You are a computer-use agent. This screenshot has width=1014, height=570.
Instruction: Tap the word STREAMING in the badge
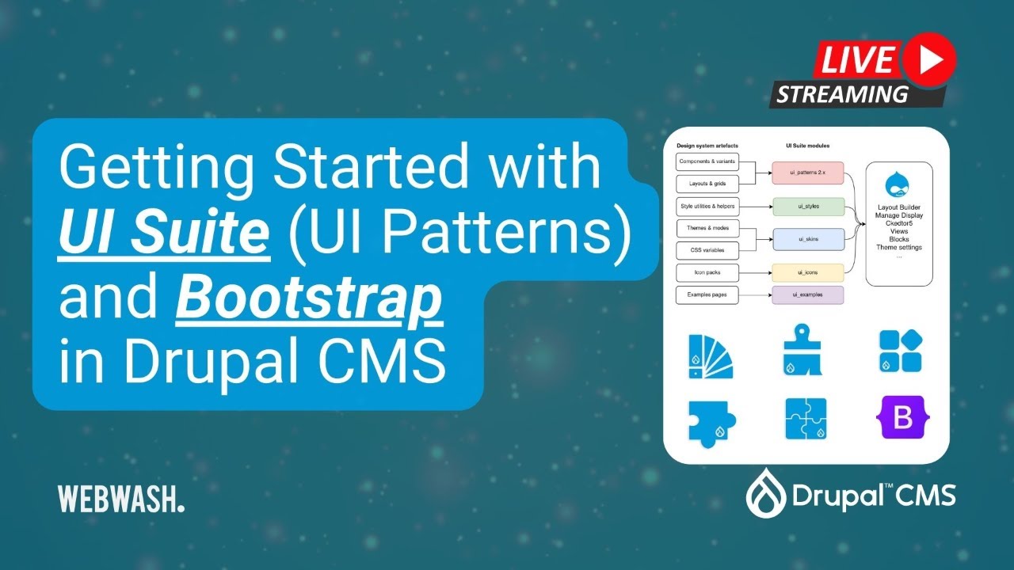tap(841, 95)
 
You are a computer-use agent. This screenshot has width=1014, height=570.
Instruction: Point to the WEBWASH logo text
tap(120, 499)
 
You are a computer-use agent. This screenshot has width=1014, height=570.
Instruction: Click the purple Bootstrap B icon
tap(902, 419)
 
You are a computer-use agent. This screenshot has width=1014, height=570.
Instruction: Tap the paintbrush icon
tap(802, 349)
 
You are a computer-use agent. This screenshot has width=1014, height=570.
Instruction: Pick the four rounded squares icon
tap(901, 351)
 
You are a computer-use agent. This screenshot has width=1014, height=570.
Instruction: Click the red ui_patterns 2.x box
tap(808, 173)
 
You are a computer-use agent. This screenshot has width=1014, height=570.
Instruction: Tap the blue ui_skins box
tap(808, 239)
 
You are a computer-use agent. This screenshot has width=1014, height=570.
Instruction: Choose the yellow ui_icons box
tap(808, 274)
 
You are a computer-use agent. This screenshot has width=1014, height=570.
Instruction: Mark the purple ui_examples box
tap(808, 296)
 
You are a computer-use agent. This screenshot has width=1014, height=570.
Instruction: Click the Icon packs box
tap(706, 274)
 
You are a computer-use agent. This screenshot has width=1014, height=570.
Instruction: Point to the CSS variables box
tap(706, 251)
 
